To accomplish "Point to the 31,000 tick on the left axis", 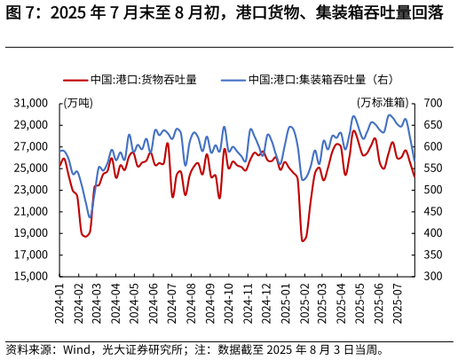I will point(31,103).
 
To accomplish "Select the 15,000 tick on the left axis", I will point(31,276).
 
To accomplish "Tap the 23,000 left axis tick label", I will point(31,190).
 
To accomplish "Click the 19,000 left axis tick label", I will point(31,233).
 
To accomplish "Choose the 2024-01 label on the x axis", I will point(59,303).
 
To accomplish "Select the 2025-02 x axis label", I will point(304,303).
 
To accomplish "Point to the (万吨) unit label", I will point(78,103).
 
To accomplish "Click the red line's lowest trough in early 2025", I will point(303,240).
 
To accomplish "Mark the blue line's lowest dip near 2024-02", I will point(90,217).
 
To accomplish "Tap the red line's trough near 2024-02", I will point(85,236).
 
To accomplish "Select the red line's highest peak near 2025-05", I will point(354,131).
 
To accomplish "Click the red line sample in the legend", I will point(75,80).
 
